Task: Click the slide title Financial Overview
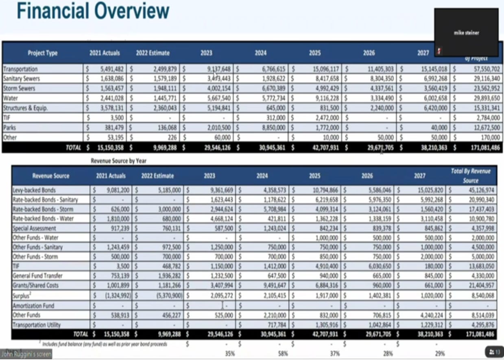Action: pos(93,11)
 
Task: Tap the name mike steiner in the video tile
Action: pos(466,33)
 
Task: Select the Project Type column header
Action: pos(43,53)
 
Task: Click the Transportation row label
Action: pos(20,69)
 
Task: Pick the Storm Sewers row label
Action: pos(19,88)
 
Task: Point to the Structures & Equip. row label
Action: pos(25,108)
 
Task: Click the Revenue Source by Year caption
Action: pos(119,161)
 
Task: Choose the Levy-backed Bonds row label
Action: pos(34,190)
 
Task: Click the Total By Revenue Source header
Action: pos(471,175)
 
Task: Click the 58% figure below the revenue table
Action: pos(282,353)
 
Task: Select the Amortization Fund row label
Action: pos(33,305)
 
